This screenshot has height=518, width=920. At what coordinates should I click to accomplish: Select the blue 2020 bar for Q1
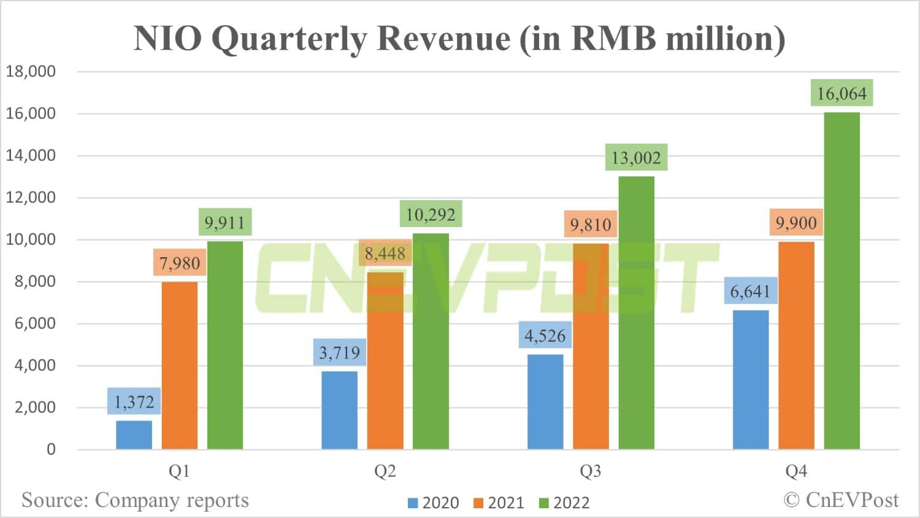pyautogui.click(x=134, y=435)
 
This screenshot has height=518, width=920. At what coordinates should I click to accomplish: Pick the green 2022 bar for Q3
pyautogui.click(x=636, y=313)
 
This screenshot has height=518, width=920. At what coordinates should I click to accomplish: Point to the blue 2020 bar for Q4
pyautogui.click(x=751, y=380)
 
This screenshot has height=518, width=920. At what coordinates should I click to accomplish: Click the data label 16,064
pyautogui.click(x=841, y=93)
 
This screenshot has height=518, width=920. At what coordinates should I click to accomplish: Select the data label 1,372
pyautogui.click(x=134, y=402)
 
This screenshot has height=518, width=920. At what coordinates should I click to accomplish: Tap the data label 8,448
pyautogui.click(x=385, y=253)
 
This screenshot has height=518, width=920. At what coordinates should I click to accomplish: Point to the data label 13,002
pyautogui.click(x=636, y=158)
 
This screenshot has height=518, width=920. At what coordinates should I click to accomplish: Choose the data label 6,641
pyautogui.click(x=750, y=291)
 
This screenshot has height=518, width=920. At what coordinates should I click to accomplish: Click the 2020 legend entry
pyautogui.click(x=433, y=503)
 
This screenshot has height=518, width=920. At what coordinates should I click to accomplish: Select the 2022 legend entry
pyautogui.click(x=564, y=503)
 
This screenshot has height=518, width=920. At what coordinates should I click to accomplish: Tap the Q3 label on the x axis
pyautogui.click(x=590, y=471)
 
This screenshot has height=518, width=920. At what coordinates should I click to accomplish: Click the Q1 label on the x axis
pyautogui.click(x=179, y=471)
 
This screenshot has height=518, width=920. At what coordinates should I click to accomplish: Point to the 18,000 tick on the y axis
pyautogui.click(x=31, y=71)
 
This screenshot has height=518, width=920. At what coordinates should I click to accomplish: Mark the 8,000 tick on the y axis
pyautogui.click(x=35, y=282)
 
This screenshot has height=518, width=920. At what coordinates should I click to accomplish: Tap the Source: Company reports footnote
pyautogui.click(x=135, y=500)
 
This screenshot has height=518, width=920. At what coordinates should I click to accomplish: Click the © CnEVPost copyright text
pyautogui.click(x=841, y=500)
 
